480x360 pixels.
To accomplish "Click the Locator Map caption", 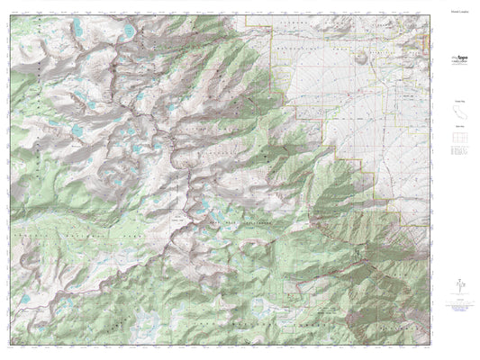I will pyautogui.click(x=458, y=103).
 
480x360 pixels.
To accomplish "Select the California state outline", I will pyautogui.click(x=458, y=115).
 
